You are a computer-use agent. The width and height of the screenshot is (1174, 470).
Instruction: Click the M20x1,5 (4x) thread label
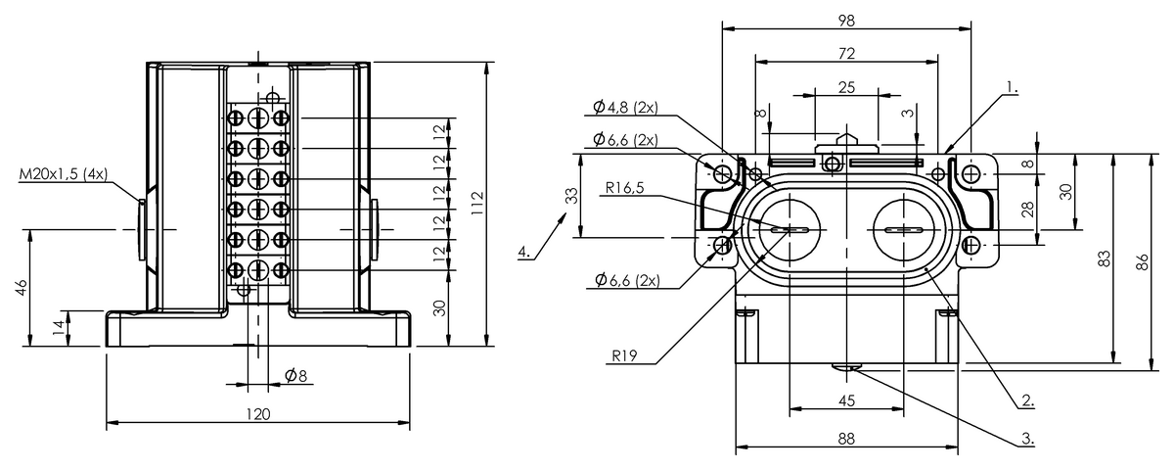63,173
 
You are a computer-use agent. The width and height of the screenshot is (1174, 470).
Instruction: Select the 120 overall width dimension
258,414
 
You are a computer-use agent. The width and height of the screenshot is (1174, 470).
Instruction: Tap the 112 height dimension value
477,205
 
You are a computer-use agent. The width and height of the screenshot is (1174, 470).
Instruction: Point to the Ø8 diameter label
295,375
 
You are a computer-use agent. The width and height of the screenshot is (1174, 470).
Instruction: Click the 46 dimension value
22,288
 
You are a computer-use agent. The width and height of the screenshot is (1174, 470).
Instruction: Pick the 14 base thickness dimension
60,327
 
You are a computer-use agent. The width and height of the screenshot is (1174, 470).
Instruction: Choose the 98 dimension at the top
846,21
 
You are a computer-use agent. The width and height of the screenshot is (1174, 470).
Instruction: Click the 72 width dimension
846,54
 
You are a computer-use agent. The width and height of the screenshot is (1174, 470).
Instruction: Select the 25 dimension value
847,87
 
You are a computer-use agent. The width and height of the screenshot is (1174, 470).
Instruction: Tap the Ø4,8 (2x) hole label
625,107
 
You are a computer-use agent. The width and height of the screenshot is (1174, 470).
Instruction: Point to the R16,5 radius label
624,187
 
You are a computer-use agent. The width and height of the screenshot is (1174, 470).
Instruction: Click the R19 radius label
624,356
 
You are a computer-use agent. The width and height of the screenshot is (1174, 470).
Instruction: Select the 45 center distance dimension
847,400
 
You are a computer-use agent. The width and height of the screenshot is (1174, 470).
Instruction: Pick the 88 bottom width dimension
846,439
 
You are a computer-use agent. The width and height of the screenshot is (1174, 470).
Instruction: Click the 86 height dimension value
1143,262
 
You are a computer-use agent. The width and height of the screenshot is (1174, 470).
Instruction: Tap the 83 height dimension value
1105,258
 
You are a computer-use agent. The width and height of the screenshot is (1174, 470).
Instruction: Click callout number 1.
1012,87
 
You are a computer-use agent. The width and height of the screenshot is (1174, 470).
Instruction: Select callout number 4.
523,252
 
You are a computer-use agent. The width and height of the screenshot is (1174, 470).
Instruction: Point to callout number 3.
1026,438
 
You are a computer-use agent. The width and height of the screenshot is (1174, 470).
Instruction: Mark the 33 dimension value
573,196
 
